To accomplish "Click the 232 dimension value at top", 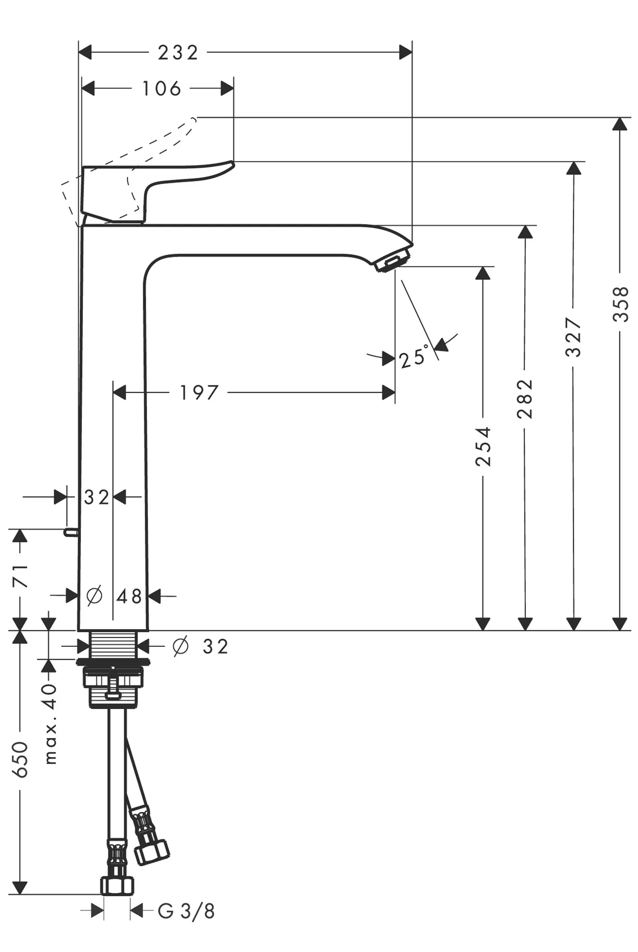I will (x=178, y=53).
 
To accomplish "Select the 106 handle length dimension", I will (x=161, y=88).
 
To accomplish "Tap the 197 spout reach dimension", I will (x=199, y=393).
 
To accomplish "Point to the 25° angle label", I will (x=413, y=357).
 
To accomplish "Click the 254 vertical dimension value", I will (x=483, y=446).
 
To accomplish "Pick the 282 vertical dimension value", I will (x=525, y=399).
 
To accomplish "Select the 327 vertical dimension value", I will (x=574, y=337).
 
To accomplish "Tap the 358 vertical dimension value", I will (x=621, y=304).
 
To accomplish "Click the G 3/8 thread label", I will (x=186, y=911).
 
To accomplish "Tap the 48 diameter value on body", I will (x=129, y=596).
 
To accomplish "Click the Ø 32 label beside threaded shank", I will (x=201, y=646).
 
